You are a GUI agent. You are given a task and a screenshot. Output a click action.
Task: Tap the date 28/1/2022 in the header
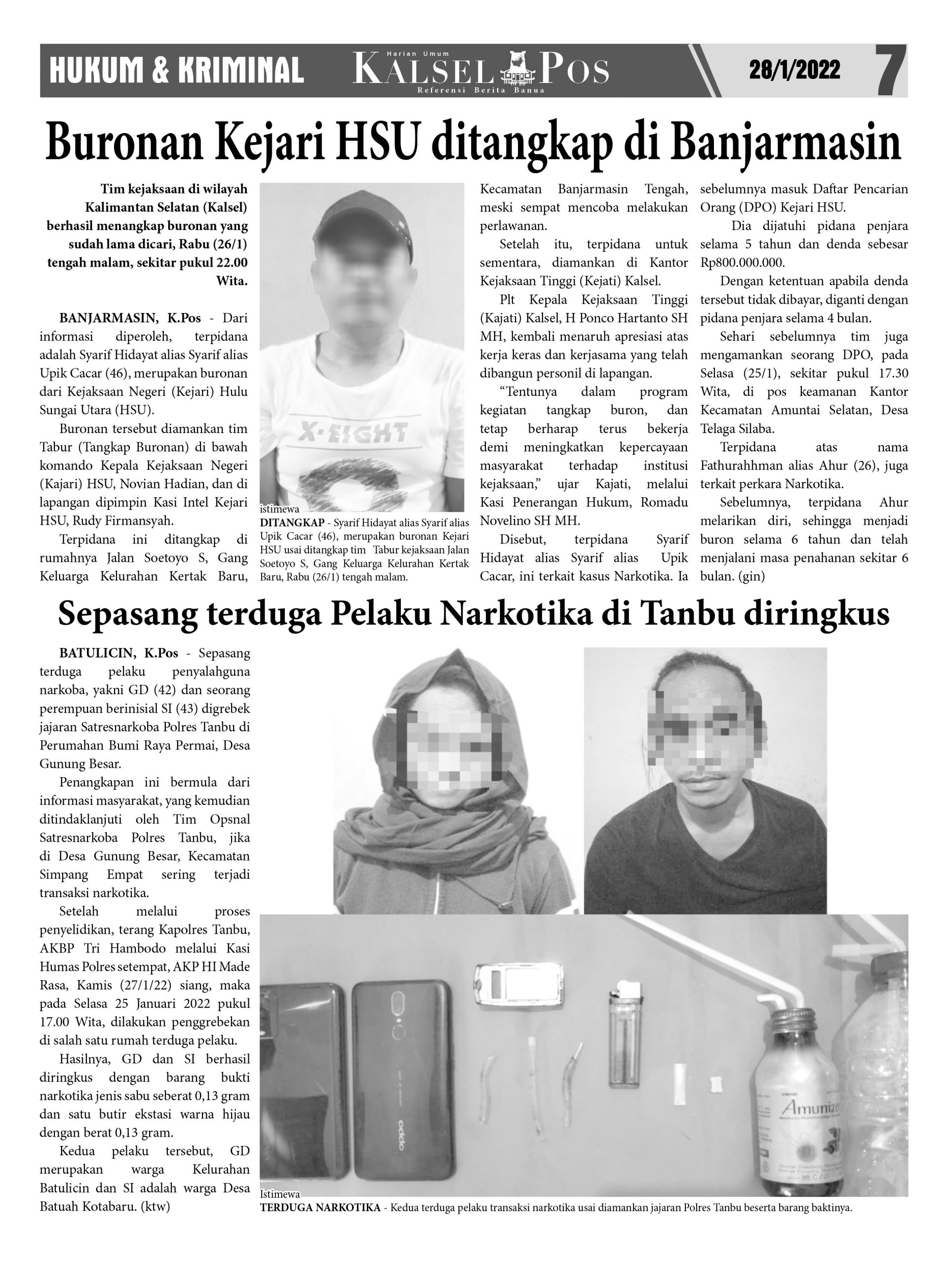(794, 70)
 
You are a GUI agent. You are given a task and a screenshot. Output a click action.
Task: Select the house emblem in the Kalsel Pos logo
(515, 69)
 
